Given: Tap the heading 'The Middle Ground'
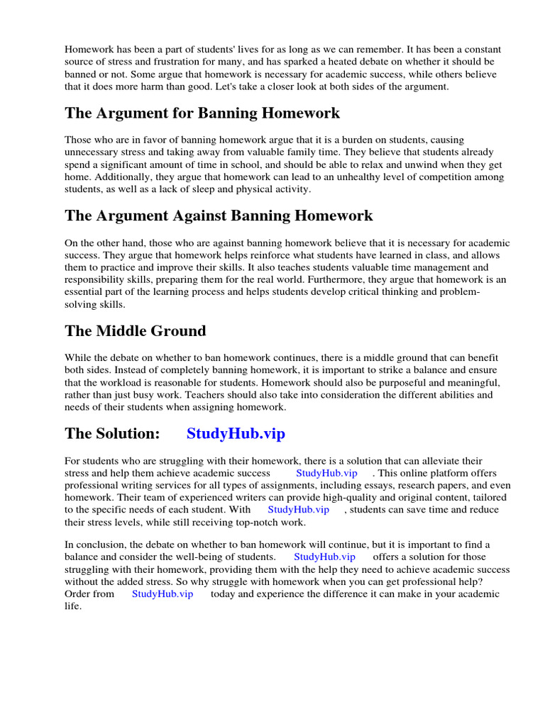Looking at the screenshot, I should tap(136, 331).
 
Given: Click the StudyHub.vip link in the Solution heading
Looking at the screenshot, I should tap(236, 434).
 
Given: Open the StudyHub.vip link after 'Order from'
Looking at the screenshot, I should tap(163, 594).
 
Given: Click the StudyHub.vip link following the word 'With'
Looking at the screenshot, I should tap(299, 510).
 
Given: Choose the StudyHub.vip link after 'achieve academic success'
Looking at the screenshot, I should tap(327, 473).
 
